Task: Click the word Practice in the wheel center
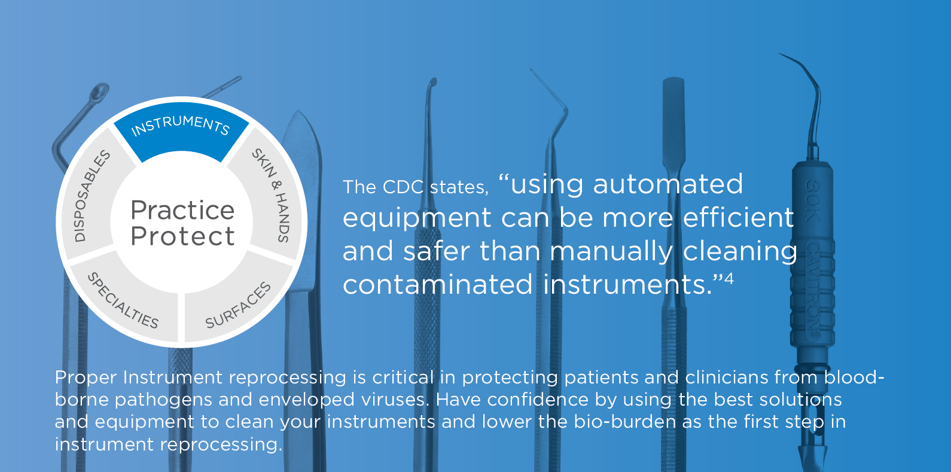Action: [x=182, y=210]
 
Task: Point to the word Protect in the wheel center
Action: [x=182, y=236]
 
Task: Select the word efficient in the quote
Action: [x=738, y=217]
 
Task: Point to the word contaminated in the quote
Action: [x=438, y=284]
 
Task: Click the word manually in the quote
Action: [x=611, y=251]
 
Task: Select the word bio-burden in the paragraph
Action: [x=625, y=422]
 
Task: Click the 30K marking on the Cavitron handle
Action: [x=813, y=199]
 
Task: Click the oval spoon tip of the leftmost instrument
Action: [x=100, y=90]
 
